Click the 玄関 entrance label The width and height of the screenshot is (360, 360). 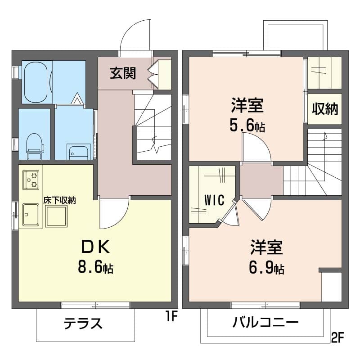click(x=123, y=73)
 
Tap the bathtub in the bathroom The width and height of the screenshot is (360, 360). click(x=36, y=82)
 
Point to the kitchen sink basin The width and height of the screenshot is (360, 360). click(x=31, y=215)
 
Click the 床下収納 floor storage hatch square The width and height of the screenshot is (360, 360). click(x=56, y=216)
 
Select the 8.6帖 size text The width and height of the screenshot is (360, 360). click(x=95, y=267)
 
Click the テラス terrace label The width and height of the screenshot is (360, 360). click(x=83, y=323)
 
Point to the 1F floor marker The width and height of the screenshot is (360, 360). click(x=172, y=317)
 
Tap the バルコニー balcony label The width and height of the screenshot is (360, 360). click(x=265, y=323)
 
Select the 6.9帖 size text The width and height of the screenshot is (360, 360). click(x=266, y=268)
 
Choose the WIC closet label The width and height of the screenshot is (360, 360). click(x=215, y=200)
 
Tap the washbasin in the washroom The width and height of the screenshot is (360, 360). click(x=78, y=152)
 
